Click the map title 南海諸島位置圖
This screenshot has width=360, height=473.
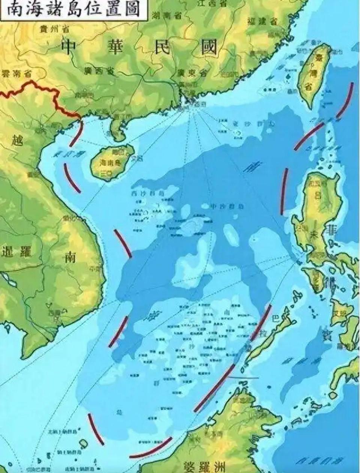[71, 9]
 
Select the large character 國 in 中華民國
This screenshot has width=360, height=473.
[208, 48]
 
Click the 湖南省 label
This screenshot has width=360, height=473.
[168, 15]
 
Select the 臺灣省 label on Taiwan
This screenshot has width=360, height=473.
[310, 73]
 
